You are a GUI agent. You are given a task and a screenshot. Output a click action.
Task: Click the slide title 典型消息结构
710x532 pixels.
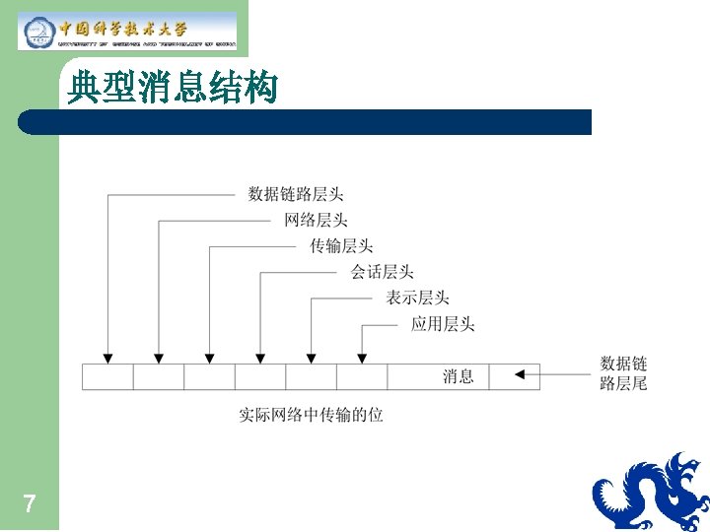tap(173, 90)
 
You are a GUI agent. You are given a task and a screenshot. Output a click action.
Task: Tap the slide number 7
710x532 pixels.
tap(30, 505)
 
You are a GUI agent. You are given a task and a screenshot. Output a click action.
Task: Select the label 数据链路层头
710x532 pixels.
tap(296, 194)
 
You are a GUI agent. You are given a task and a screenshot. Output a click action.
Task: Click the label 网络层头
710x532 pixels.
tap(316, 220)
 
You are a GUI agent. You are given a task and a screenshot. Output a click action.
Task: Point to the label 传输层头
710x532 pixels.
tap(341, 245)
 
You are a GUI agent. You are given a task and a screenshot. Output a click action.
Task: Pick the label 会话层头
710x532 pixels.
tap(382, 271)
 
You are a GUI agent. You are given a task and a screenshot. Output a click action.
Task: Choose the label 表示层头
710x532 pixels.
tap(418, 297)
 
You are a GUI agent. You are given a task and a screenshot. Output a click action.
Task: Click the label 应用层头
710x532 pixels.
tap(443, 322)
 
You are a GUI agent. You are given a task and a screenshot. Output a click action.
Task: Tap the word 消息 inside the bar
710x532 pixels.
tap(458, 375)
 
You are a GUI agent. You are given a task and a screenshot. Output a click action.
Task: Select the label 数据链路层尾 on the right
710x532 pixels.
tap(623, 373)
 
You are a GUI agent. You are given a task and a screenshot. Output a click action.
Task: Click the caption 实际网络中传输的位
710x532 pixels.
tap(312, 415)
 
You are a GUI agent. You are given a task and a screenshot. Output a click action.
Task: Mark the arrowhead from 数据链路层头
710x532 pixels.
tap(107, 357)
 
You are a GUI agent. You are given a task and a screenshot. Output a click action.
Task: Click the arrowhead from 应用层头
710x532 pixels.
tap(362, 357)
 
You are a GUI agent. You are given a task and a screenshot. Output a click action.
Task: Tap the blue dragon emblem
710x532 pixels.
tap(651, 493)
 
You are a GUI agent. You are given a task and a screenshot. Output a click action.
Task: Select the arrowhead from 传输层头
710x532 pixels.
tap(209, 357)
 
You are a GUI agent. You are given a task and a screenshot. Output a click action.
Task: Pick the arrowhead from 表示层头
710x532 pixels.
tap(311, 357)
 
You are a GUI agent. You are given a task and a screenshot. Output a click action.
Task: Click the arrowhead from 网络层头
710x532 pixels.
tap(159, 357)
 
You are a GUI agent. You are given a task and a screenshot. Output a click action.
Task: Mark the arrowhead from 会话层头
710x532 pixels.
tap(259, 357)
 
